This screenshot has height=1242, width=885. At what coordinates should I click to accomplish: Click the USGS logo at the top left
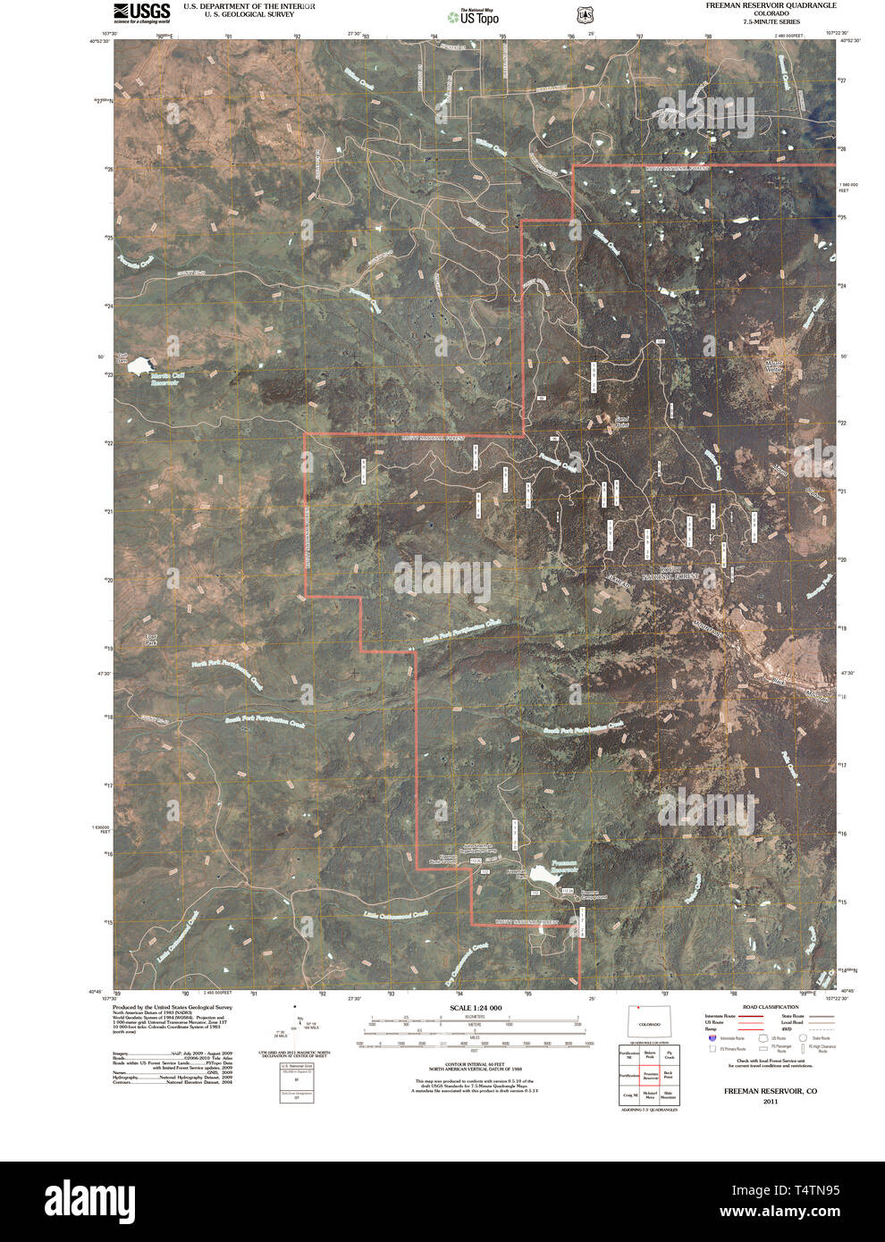[x=141, y=12]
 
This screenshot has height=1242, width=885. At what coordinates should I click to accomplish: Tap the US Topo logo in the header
[x=474, y=16]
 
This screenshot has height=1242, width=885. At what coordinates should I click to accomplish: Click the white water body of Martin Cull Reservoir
[x=141, y=367]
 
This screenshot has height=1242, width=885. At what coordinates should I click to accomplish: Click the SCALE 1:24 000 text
[x=476, y=1008]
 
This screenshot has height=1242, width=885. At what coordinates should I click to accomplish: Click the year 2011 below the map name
[x=770, y=1102]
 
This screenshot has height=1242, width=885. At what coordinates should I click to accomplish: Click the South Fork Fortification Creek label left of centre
[x=265, y=719]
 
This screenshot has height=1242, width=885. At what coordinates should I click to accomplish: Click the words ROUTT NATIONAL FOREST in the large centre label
[x=679, y=573]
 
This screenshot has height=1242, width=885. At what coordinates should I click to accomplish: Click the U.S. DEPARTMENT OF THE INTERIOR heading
[x=249, y=6]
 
